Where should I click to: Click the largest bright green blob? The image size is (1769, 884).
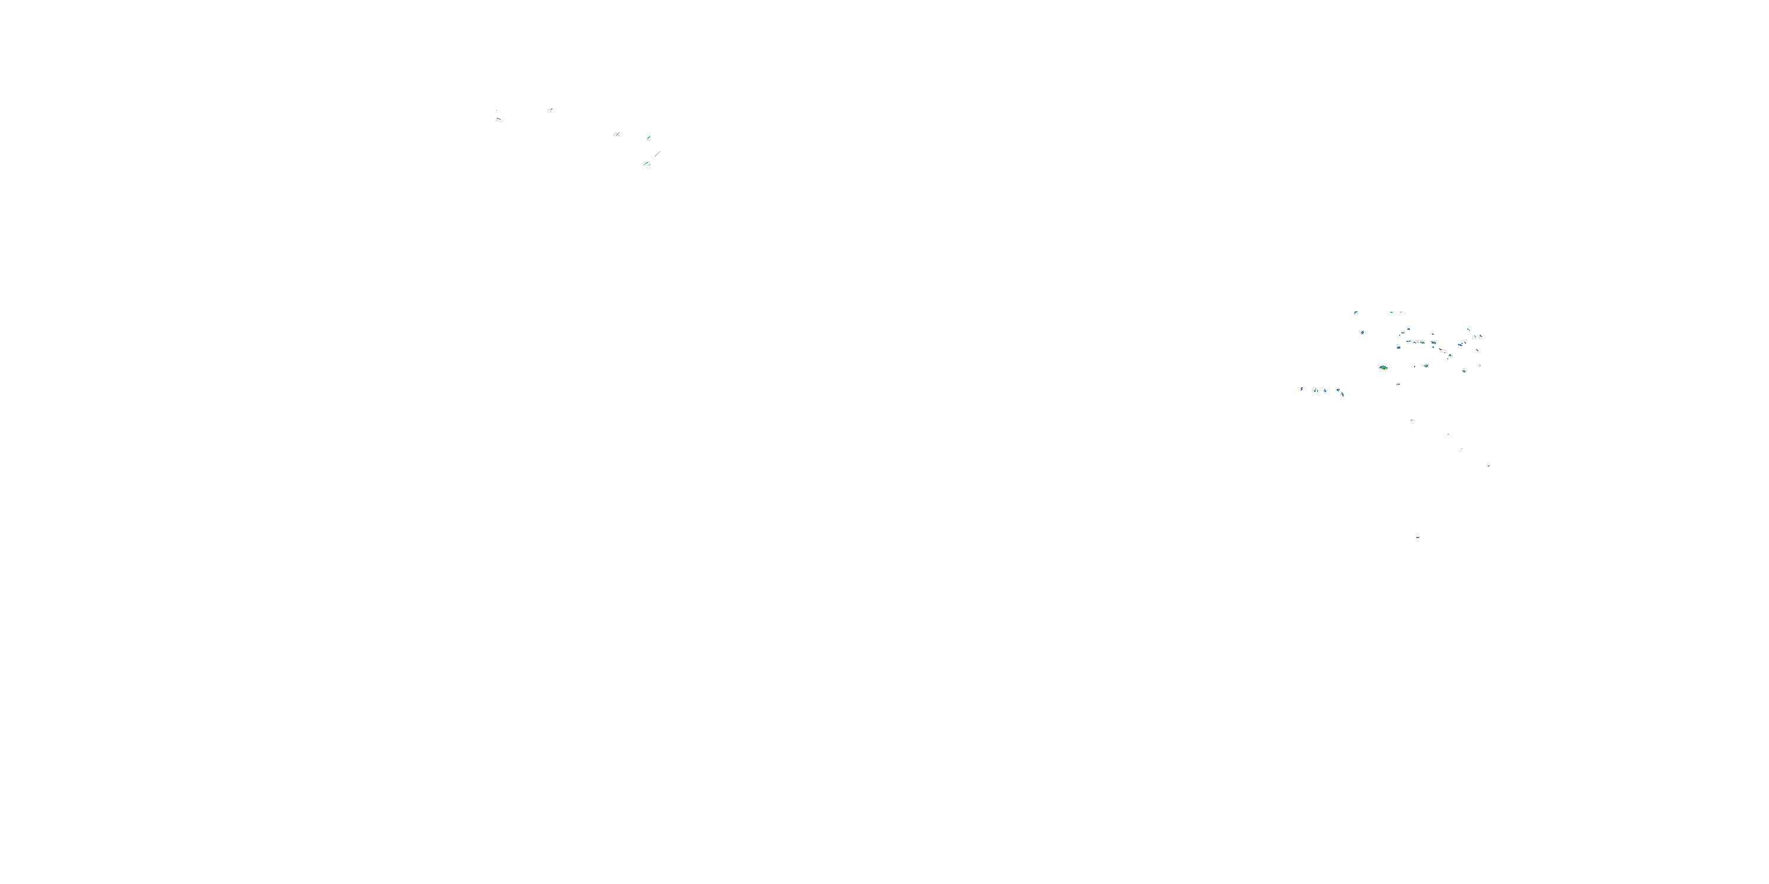tap(1384, 368)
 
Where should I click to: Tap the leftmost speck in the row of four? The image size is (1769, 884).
tap(1302, 389)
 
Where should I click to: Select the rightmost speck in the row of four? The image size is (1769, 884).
tap(1339, 391)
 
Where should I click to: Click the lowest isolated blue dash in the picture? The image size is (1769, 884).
tap(1418, 537)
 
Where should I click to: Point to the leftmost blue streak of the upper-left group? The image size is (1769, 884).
tap(498, 118)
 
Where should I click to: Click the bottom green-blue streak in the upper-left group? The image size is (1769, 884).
tap(646, 164)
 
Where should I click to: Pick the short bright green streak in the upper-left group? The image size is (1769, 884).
tap(649, 137)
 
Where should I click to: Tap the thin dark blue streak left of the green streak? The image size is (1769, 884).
tap(618, 134)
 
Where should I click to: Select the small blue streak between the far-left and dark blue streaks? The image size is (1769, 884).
tap(551, 109)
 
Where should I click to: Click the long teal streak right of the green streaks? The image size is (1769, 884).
tap(657, 154)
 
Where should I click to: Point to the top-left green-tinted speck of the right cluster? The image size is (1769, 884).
tap(1356, 313)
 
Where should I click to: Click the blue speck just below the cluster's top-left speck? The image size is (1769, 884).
tap(1363, 333)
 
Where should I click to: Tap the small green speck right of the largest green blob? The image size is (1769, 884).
tap(1426, 367)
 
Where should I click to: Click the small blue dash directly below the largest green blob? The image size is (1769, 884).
tap(1398, 384)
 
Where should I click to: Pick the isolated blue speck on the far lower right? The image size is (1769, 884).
tap(1489, 466)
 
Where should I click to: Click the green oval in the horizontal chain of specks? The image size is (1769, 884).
tap(1423, 343)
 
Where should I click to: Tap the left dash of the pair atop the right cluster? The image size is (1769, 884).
tap(1392, 313)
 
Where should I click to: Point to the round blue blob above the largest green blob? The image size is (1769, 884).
tap(1399, 348)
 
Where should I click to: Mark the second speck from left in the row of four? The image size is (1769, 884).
tap(1315, 391)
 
